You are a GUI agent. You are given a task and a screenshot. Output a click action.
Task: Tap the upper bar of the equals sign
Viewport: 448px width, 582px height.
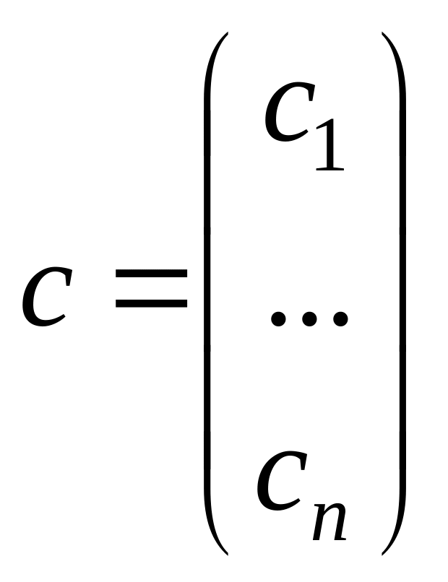pos(151,276)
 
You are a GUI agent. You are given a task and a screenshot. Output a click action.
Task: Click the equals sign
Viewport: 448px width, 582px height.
pos(151,289)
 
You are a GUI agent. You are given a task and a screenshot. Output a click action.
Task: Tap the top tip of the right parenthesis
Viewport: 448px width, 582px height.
pos(383,35)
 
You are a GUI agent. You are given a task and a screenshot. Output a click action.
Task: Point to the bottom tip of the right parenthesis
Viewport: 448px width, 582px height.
pos(383,552)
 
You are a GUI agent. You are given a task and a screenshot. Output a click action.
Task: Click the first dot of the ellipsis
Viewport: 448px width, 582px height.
pos(278,318)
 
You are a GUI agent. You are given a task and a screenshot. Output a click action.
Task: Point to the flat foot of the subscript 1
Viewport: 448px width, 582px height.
pos(329,169)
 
